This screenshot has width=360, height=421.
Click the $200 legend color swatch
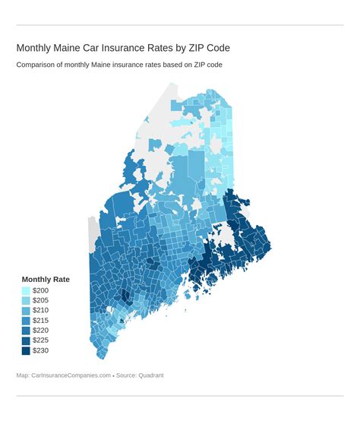click(26, 291)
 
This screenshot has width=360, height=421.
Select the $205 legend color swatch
click(26, 301)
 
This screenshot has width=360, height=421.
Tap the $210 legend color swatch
click(26, 311)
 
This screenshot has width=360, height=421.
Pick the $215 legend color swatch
click(26, 321)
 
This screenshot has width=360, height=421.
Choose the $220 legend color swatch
click(26, 331)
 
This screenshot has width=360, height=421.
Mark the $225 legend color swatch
click(26, 340)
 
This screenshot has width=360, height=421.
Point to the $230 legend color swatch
click(26, 350)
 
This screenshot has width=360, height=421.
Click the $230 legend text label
click(40, 350)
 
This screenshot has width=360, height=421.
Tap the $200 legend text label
click(40, 291)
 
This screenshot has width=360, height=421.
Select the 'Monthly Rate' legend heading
click(46, 279)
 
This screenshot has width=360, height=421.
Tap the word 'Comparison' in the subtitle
click(39, 65)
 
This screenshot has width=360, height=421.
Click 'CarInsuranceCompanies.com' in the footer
click(72, 375)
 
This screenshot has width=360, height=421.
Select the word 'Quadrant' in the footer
click(150, 375)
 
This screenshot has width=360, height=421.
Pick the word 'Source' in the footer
click(125, 375)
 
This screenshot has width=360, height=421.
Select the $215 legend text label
click(40, 321)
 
